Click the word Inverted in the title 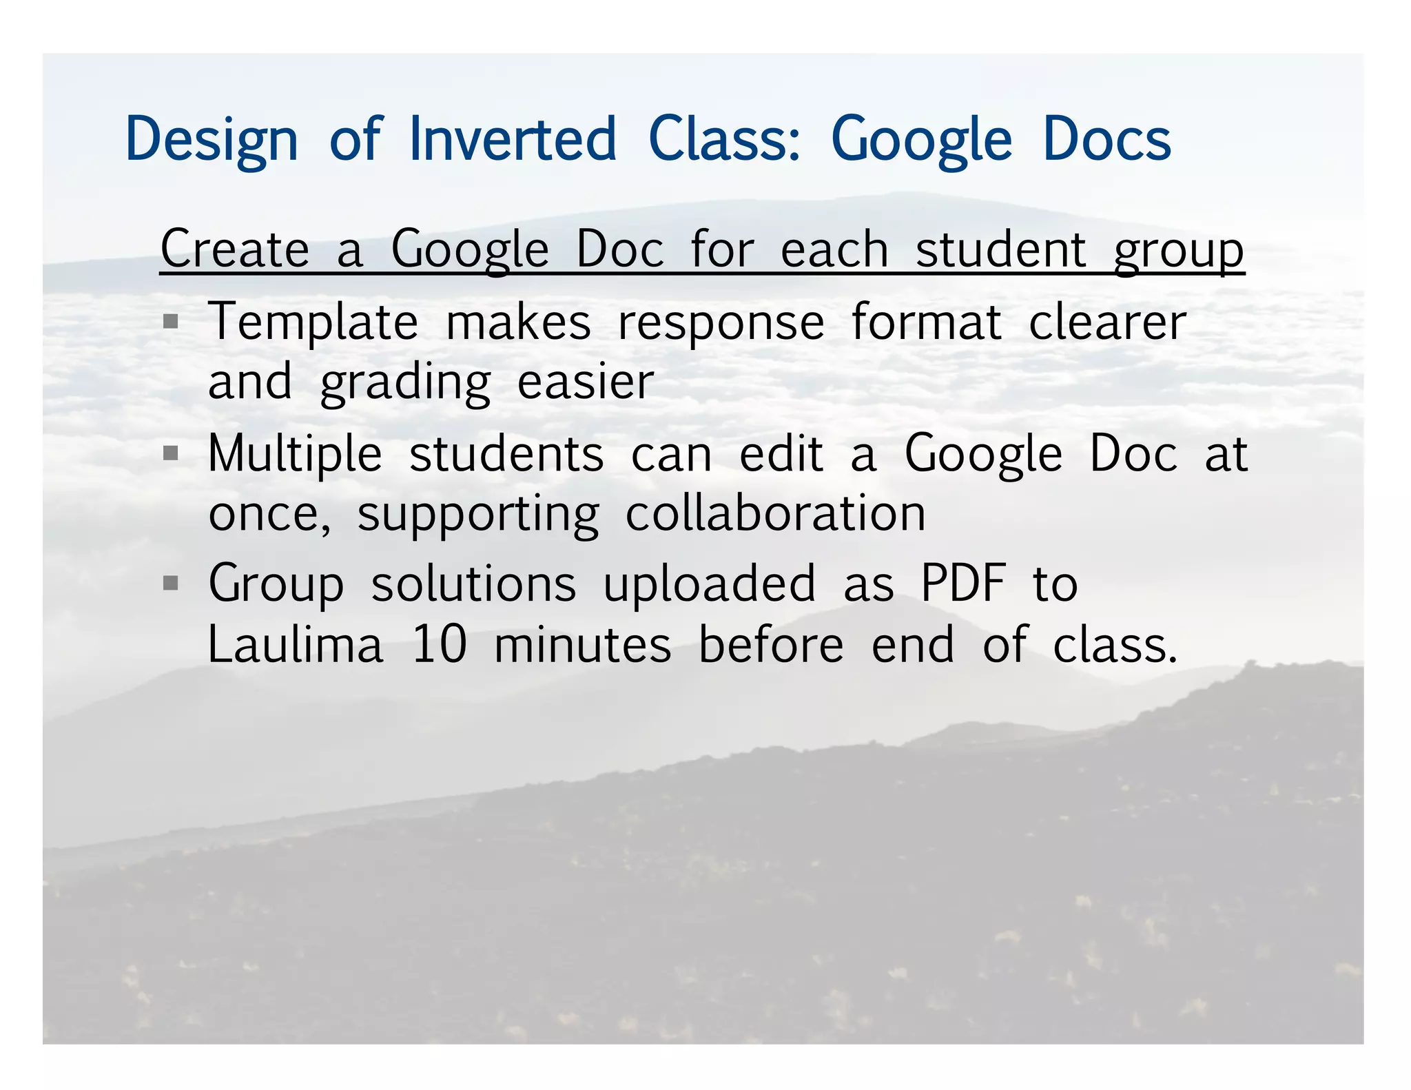pos(513,139)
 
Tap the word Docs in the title pos(1106,139)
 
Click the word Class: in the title pos(725,139)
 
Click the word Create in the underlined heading pos(235,249)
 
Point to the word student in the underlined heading pos(1000,249)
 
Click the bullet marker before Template pos(171,321)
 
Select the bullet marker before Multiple pos(171,453)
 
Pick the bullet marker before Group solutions pos(171,584)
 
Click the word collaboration pos(775,514)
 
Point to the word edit pos(781,453)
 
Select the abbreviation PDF pos(963,584)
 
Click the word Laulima pos(295,645)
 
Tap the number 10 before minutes pos(439,645)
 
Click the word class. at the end pos(1114,645)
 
